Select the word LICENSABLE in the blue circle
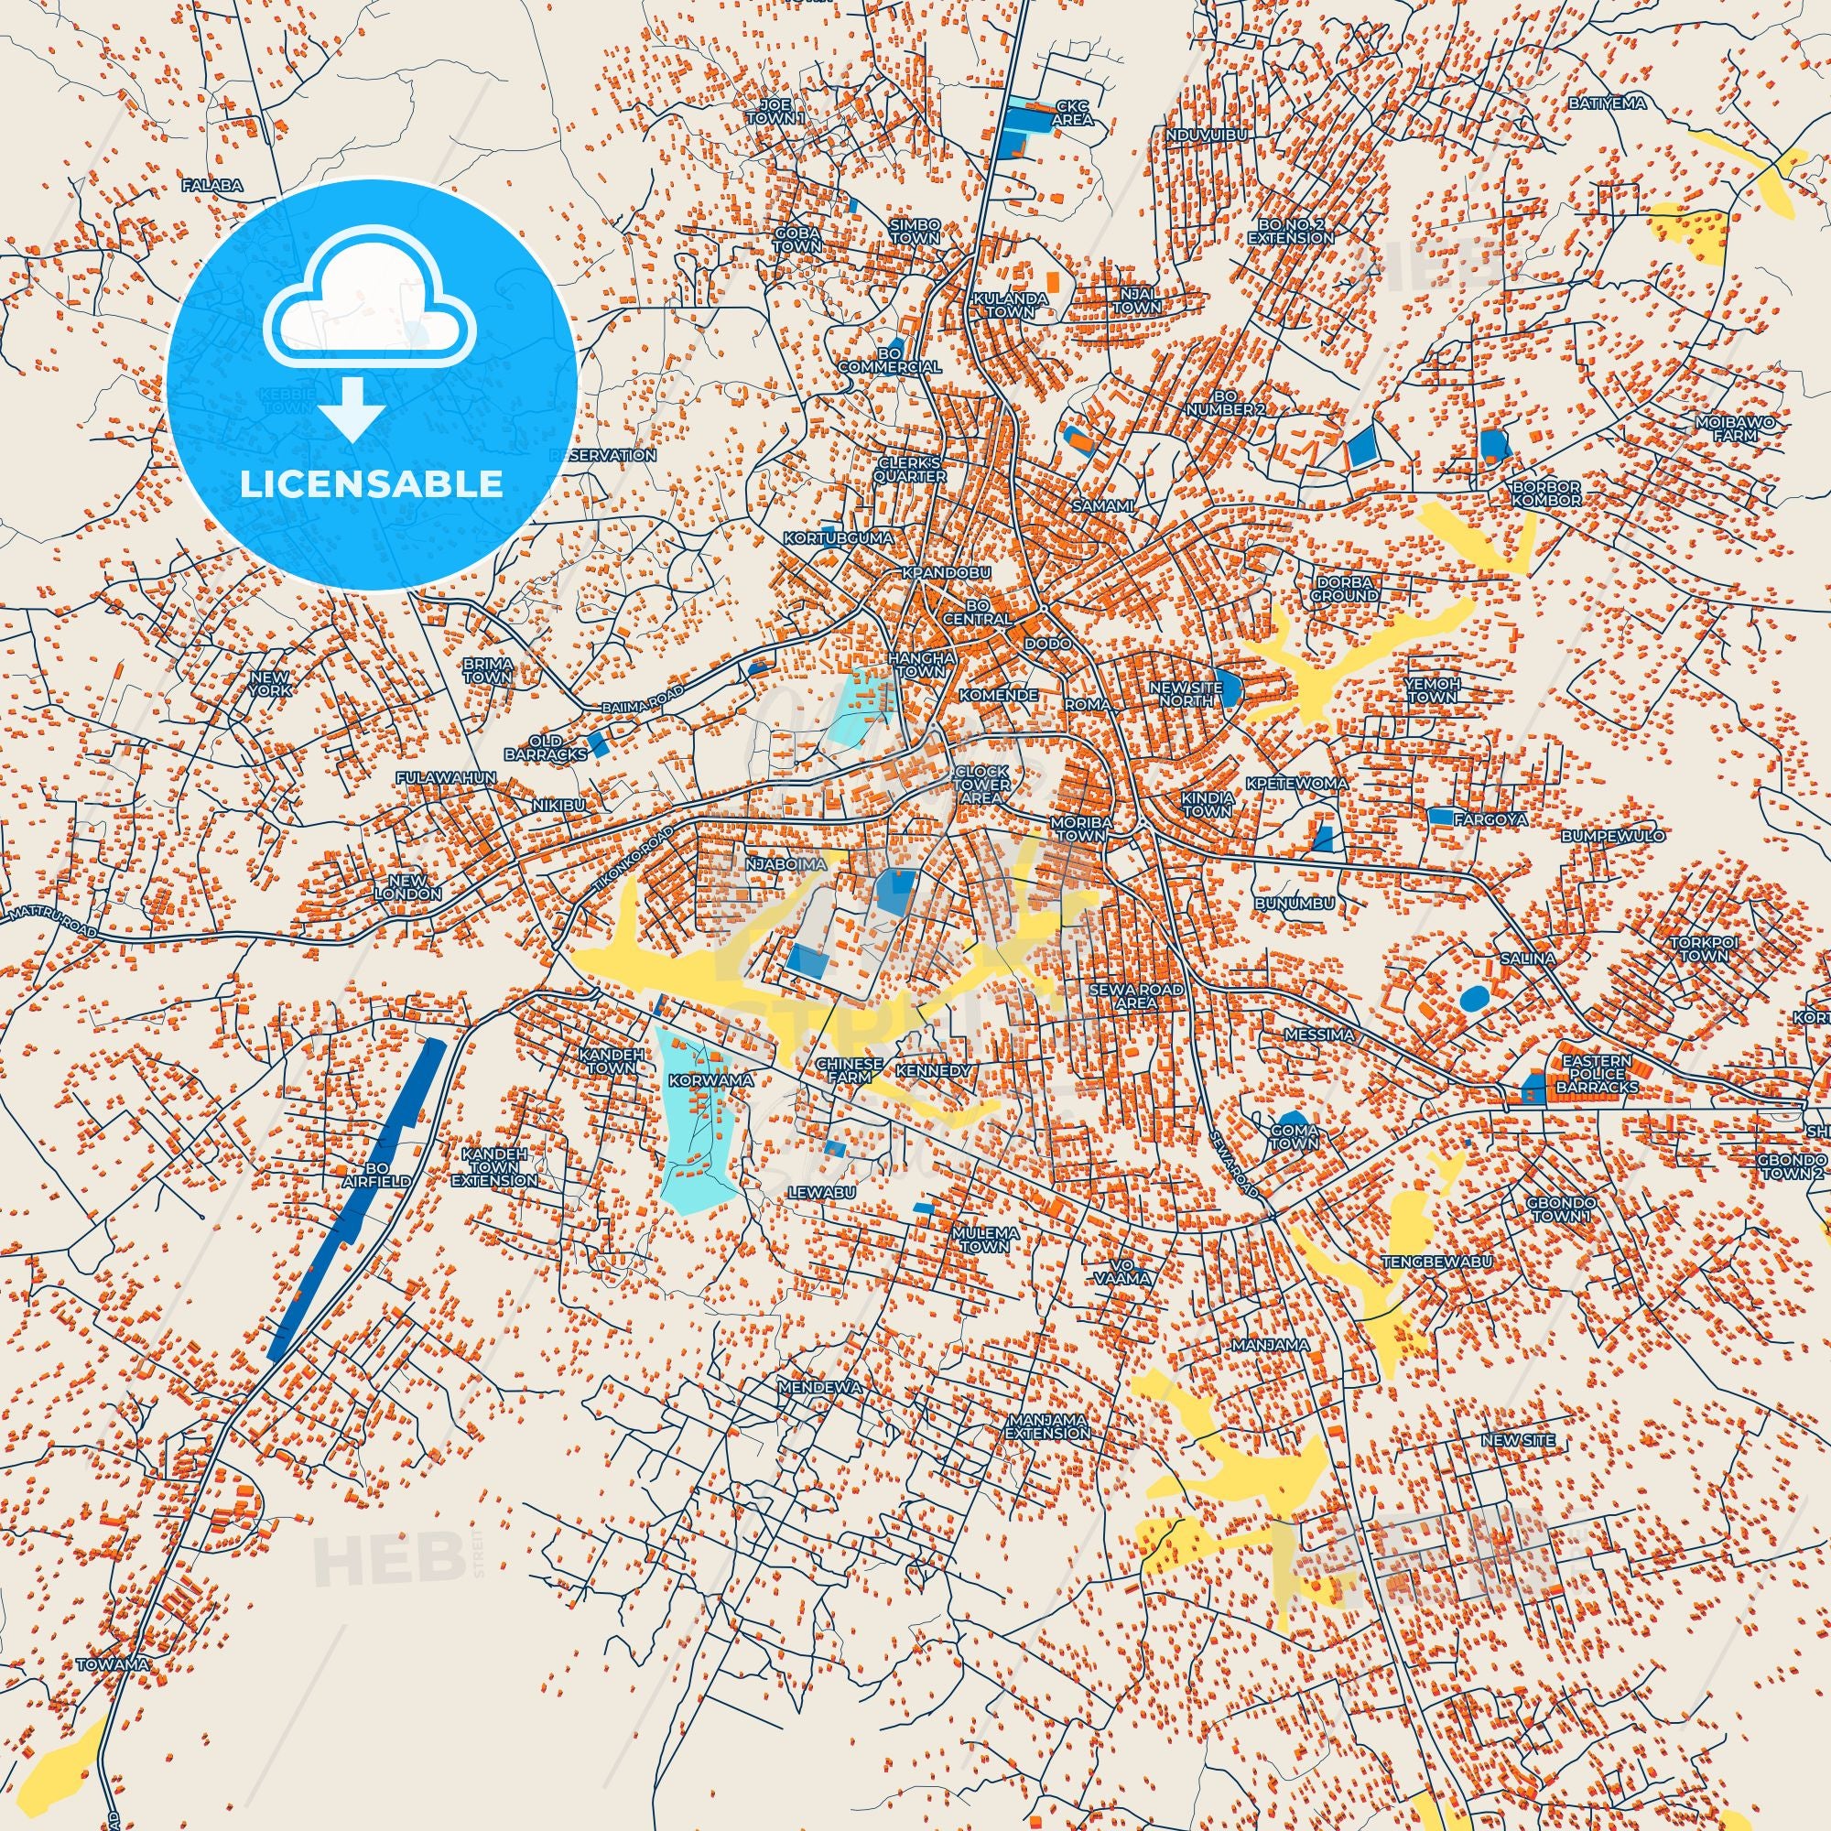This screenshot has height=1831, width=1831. pyautogui.click(x=372, y=483)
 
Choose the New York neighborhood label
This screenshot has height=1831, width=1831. pyautogui.click(x=270, y=684)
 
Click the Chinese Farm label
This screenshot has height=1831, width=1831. pyautogui.click(x=850, y=1070)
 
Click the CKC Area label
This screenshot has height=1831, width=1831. pyautogui.click(x=1073, y=113)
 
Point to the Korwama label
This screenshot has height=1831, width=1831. pyautogui.click(x=697, y=1079)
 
